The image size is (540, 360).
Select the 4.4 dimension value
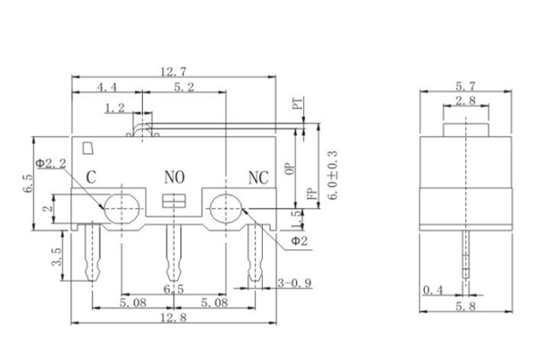tap(105, 87)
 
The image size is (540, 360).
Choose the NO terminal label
tap(173, 176)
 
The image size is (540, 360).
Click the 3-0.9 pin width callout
tap(294, 284)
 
